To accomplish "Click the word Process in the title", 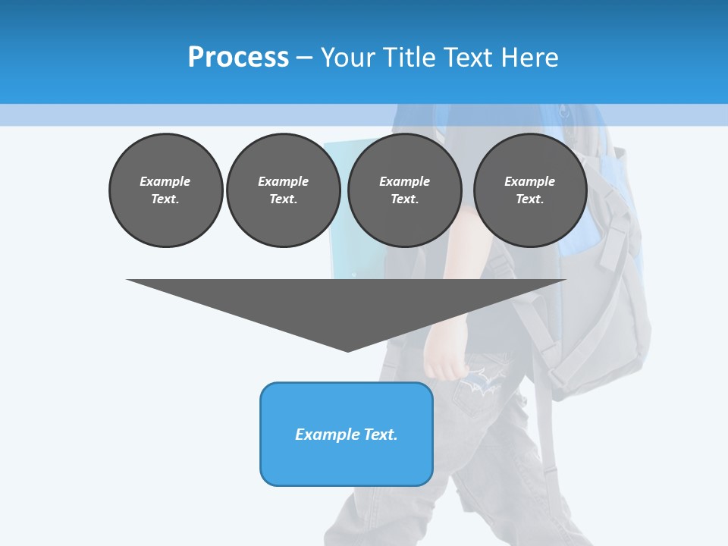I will coord(238,57).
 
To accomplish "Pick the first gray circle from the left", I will coord(165,190).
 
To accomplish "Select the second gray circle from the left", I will coord(283,190).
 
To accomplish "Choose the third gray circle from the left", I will coord(404,190).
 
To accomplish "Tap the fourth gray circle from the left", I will coord(529,190).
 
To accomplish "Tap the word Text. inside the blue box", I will coord(381,435).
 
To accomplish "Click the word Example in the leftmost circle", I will coord(165,181).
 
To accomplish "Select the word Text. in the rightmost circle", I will coord(529,199).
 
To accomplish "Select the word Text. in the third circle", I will coord(404,199).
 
